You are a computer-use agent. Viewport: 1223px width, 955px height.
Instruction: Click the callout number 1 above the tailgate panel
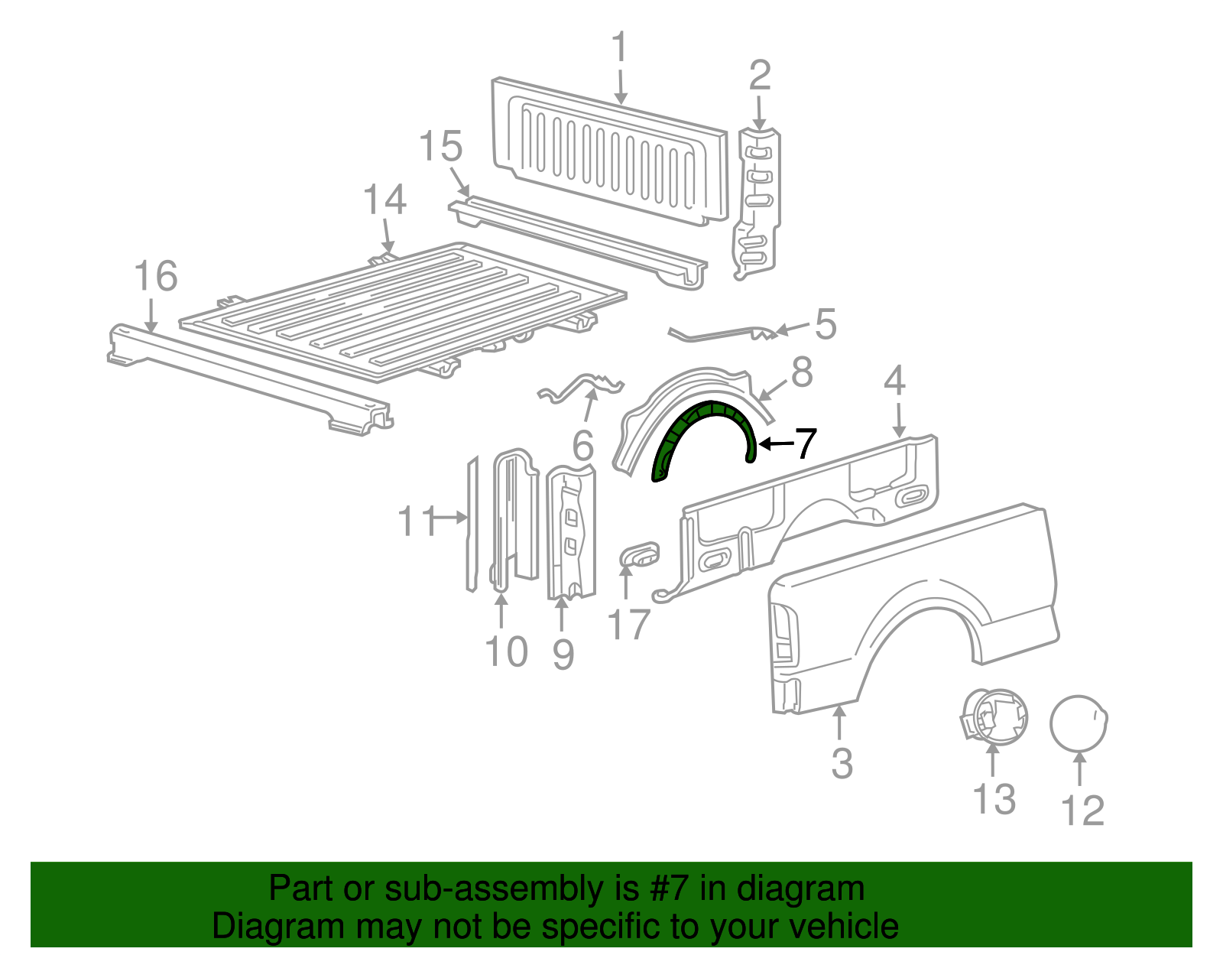[x=619, y=47]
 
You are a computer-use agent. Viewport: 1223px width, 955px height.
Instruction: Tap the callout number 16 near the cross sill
[x=156, y=276]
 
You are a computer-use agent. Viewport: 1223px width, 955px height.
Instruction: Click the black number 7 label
[x=806, y=443]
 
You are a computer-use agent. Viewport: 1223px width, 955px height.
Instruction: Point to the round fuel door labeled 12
[x=1078, y=723]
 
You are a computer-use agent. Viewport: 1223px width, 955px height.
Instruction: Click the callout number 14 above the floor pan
[x=384, y=200]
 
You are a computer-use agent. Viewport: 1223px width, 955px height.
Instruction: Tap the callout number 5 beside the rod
[x=826, y=324]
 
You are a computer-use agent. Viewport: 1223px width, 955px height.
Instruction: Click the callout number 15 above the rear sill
[x=441, y=146]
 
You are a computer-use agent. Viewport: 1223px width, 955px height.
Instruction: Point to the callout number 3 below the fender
[x=842, y=763]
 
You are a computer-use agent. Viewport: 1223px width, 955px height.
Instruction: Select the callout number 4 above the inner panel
[x=894, y=380]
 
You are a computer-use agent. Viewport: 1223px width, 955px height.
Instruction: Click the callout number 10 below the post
[x=506, y=652]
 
